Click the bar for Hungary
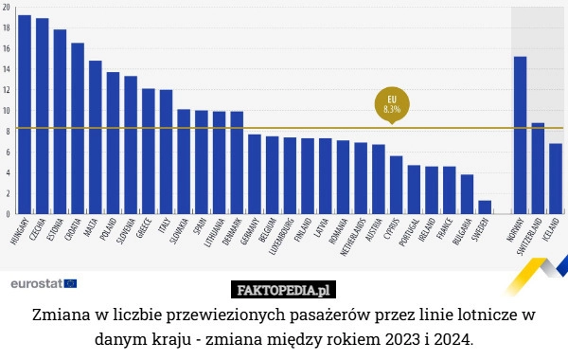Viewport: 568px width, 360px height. pos(25,114)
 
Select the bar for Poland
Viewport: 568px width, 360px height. pos(113,142)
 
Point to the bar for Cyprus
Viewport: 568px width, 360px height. pos(396,184)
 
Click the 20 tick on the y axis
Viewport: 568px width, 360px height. pos(8,8)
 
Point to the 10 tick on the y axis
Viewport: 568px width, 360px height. pos(8,111)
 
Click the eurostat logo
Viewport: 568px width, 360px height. pos(43,283)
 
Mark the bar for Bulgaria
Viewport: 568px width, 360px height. pos(467,193)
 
